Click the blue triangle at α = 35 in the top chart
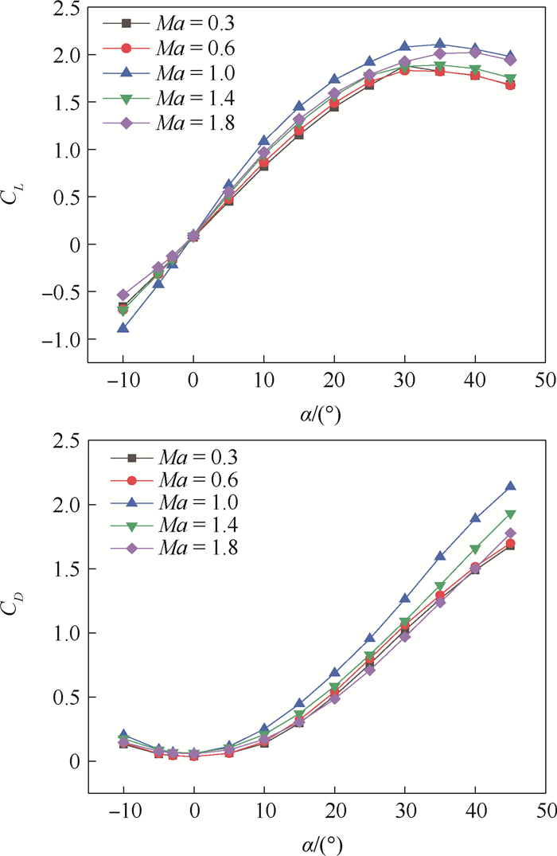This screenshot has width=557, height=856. pos(440,45)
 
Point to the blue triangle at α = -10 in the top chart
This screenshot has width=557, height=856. pos(123,327)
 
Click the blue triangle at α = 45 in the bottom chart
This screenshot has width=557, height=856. pos(511,486)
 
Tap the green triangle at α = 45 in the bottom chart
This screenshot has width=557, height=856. pos(511,514)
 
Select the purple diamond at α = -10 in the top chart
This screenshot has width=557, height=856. pos(123,295)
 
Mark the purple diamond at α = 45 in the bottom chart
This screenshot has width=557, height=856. pos(511,534)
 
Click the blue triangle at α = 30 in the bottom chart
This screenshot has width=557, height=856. pos(405,597)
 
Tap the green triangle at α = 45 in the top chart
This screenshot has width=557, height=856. pos(511,79)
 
